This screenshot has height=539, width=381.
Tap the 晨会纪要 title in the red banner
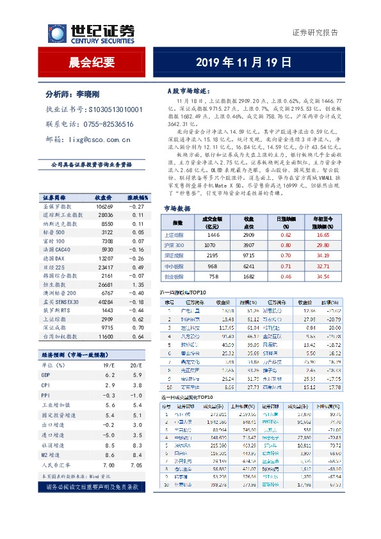(92, 63)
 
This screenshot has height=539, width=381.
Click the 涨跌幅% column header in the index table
(136, 198)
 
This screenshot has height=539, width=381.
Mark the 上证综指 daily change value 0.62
(286, 235)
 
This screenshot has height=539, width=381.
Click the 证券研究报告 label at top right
(314, 33)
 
